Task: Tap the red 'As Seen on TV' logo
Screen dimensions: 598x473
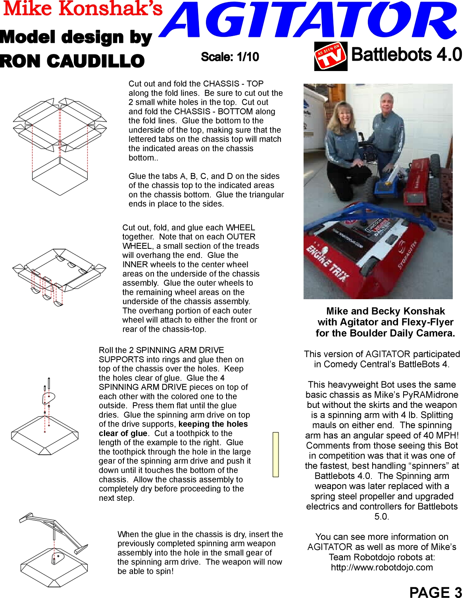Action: point(331,56)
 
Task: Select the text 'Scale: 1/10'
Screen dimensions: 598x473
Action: point(230,57)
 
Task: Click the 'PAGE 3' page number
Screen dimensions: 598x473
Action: point(435,592)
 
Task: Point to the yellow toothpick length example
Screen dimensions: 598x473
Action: point(275,454)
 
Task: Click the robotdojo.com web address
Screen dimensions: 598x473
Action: point(382,567)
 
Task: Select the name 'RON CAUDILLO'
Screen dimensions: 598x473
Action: point(72,61)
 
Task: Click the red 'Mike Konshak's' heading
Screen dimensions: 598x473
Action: point(83,9)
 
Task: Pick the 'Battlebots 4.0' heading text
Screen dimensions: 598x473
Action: point(406,55)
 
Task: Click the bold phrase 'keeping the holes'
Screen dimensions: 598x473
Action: point(213,424)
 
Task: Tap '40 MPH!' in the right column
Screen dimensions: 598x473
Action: point(441,435)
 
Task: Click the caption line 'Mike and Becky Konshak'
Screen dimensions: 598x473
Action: point(385,311)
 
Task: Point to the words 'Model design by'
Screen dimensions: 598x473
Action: point(76,37)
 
